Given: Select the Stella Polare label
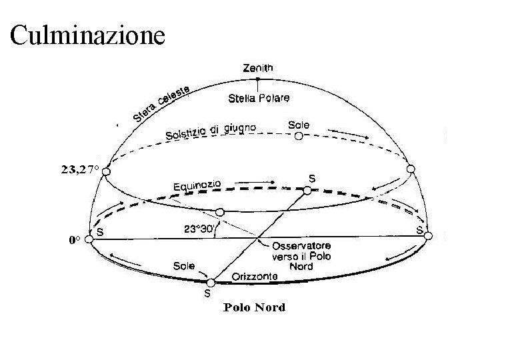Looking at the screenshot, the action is [x=259, y=98].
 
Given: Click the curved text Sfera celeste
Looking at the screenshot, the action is [x=162, y=103].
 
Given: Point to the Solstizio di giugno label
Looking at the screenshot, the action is [x=211, y=131].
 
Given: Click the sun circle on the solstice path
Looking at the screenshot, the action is [x=299, y=136].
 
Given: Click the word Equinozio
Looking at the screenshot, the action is [x=197, y=183].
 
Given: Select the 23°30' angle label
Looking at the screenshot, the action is [x=198, y=228].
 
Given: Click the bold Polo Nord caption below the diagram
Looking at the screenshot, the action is [x=255, y=307].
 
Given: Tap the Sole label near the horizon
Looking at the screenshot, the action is [x=185, y=265].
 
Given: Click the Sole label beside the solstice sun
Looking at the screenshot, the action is [x=299, y=125].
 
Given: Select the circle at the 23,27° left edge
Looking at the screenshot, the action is [x=106, y=171].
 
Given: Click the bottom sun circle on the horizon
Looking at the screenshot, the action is [x=211, y=283].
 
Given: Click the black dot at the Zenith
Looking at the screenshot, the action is [x=258, y=79].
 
